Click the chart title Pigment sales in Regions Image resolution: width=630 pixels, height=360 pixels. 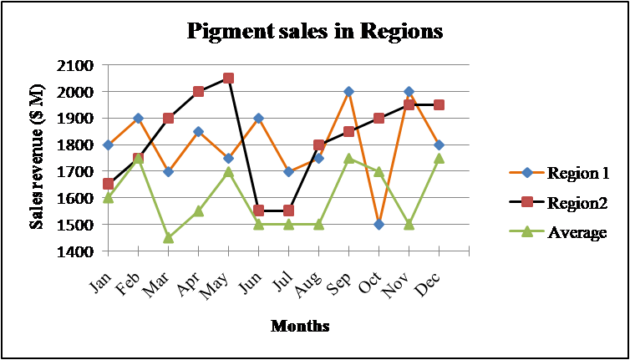coord(314,32)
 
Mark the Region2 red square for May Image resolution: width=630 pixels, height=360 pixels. coord(228,79)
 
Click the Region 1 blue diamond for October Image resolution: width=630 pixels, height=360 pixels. coord(379,225)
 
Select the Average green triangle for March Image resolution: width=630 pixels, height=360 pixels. coord(168,238)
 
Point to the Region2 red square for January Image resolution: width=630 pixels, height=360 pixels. coord(108,184)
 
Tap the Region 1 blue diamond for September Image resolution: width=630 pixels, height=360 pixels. coord(348,92)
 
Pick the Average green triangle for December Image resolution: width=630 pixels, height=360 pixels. coord(439,158)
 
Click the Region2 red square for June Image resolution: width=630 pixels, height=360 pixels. coord(258,211)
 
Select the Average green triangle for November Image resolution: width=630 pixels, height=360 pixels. coord(409,225)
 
